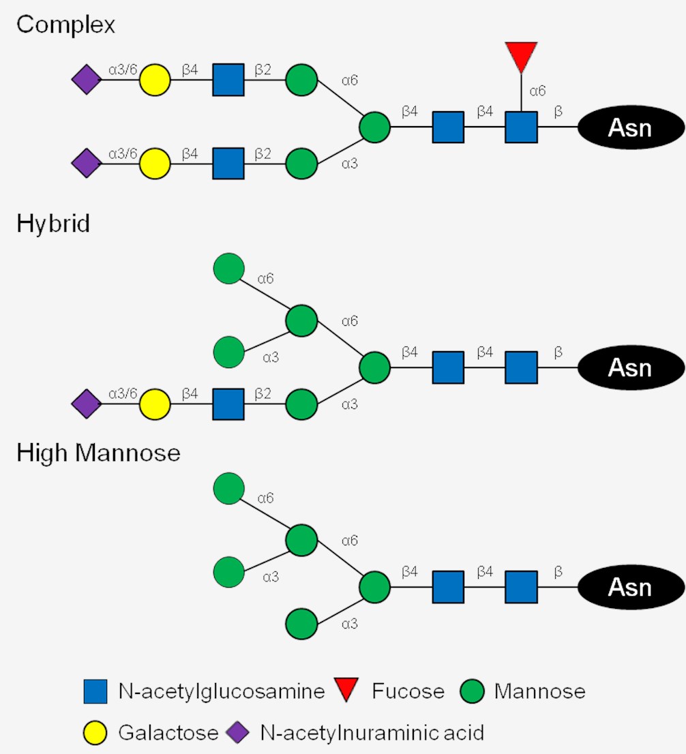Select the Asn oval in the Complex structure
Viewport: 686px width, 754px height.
click(x=631, y=127)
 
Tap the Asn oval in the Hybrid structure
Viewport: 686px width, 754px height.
click(x=631, y=367)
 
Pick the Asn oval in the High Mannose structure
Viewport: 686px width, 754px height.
click(x=631, y=587)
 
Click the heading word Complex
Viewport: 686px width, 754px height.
click(x=65, y=25)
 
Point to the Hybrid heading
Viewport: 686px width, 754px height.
click(x=53, y=224)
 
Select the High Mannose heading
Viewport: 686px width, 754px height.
click(x=98, y=452)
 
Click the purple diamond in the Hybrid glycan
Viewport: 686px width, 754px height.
click(x=87, y=404)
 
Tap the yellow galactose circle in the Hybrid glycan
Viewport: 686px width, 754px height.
click(x=155, y=404)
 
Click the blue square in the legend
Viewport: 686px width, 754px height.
click(x=95, y=692)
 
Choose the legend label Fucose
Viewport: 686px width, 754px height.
click(x=408, y=692)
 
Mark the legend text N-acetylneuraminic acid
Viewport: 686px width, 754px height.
click(x=372, y=734)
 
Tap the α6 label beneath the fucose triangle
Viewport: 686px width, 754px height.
click(x=538, y=90)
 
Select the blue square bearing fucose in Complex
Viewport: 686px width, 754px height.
click(x=521, y=127)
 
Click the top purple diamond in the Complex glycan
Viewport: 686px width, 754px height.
click(x=87, y=80)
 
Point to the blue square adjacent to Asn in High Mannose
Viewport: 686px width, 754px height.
click(x=521, y=587)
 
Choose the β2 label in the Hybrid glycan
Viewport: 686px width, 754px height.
click(x=263, y=393)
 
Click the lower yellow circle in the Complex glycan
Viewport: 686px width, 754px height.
click(x=155, y=164)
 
